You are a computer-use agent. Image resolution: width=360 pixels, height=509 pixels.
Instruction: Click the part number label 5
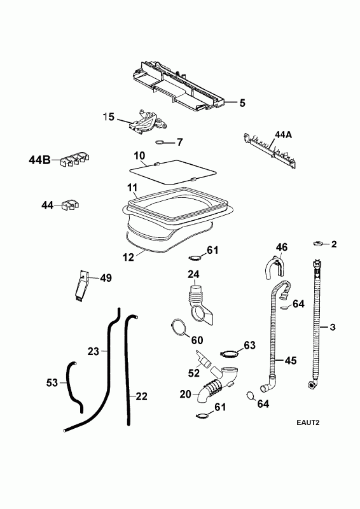242,103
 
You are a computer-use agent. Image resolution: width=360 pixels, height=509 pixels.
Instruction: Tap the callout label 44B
39,160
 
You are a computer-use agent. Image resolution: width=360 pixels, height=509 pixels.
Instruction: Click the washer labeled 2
318,244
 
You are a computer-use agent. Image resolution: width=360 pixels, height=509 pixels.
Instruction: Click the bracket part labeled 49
81,285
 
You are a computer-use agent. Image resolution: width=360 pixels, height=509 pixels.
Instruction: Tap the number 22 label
142,396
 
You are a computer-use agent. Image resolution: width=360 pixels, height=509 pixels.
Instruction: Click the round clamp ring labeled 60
179,327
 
